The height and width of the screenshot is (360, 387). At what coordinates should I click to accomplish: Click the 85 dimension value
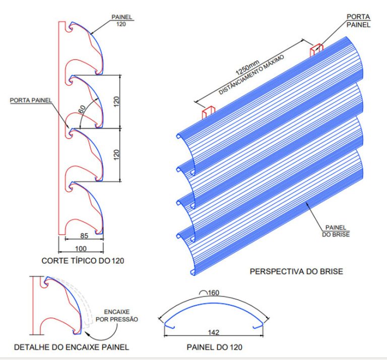pos(84,236)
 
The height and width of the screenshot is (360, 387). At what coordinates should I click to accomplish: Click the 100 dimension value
pos(81,249)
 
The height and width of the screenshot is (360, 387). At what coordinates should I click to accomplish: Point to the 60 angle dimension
pos(82,109)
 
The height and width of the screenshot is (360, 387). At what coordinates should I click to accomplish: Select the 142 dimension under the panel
pos(214,332)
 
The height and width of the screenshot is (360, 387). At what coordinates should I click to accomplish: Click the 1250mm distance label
pos(247,68)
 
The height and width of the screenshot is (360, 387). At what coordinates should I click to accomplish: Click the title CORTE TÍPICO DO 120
pos(83,261)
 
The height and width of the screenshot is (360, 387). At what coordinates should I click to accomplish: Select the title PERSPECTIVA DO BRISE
pos(296,272)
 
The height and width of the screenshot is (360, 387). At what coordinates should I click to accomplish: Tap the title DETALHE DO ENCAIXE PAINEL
pos(72,347)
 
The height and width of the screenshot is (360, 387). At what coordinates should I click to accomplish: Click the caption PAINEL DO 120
pos(215,347)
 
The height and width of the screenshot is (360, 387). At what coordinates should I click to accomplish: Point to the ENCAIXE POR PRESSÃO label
pos(117,316)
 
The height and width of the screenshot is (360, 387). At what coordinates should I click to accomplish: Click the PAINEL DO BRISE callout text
pos(336,231)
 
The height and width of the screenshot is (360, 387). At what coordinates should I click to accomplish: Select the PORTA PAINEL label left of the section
pos(31,100)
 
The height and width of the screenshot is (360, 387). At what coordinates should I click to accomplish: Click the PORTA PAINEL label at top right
pos(358,21)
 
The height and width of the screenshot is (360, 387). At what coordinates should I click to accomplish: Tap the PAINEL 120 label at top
pos(121,21)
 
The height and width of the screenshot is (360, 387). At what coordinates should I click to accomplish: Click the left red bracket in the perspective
pos(209,112)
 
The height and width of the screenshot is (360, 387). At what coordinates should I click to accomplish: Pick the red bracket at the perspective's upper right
pos(316,50)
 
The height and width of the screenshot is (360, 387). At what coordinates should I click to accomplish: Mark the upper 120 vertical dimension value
pos(116,101)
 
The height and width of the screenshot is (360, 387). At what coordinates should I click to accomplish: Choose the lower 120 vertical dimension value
pos(116,155)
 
